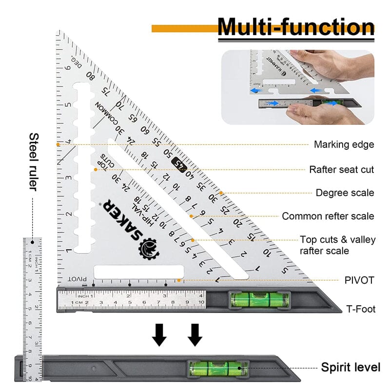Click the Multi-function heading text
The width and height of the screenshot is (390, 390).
[x=296, y=27]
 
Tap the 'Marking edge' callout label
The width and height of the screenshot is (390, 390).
[x=344, y=144]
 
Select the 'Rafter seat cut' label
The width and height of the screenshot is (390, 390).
[x=341, y=170]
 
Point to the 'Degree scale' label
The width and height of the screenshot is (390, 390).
[x=345, y=193]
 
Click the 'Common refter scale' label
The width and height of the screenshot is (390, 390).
[x=328, y=216]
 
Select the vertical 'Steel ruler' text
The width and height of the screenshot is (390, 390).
[x=34, y=161]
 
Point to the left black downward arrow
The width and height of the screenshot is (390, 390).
[x=159, y=335]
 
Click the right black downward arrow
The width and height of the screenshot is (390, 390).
[x=195, y=335]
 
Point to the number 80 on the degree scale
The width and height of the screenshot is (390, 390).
[x=91, y=76]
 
